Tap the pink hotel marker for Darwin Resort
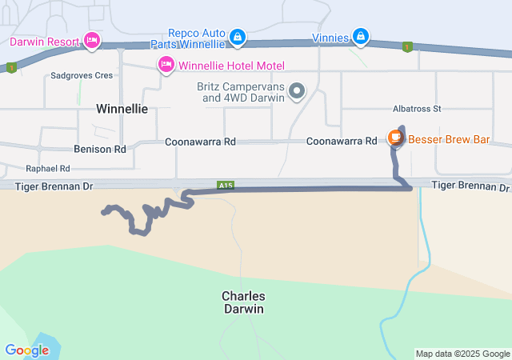pos(92,40)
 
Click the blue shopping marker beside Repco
pos(238,37)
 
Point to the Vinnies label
pos(330,37)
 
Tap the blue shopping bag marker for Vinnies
pos(361,36)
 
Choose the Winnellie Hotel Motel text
pos(232,65)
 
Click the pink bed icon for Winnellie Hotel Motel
pos(166,64)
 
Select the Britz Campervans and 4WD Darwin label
pos(241,92)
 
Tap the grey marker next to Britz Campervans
pos(297,91)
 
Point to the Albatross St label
pos(417,108)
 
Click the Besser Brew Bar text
pos(449,139)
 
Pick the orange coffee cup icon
pos(395,138)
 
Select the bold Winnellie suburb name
pos(122,109)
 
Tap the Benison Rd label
pos(100,149)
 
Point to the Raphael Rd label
pos(48,169)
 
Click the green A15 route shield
pos(226,186)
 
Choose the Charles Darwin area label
pos(243,302)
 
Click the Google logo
pos(26,350)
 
